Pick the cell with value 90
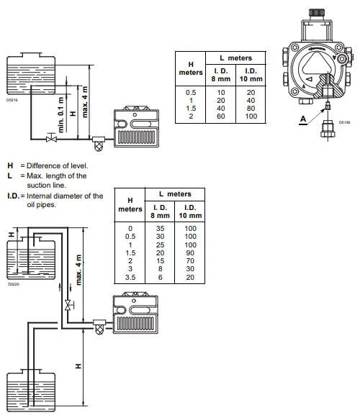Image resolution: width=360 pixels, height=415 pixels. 190,252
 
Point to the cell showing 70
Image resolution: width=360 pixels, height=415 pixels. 190,261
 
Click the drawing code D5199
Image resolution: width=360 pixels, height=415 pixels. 345,123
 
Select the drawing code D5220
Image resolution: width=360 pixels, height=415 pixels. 12,284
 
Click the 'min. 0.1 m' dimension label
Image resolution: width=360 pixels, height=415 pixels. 62,113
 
